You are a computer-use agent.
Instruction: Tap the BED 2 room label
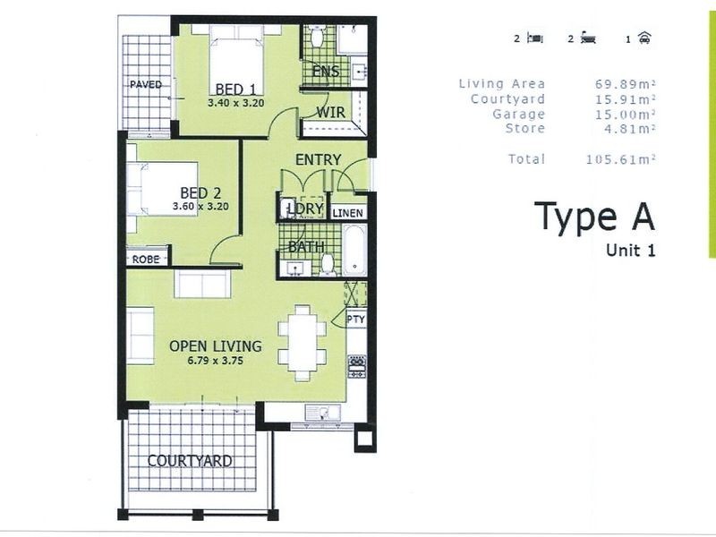tap(200, 192)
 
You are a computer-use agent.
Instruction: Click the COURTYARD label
tap(190, 461)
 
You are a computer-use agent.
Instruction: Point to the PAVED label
tap(146, 84)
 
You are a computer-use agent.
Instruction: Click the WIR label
tap(329, 112)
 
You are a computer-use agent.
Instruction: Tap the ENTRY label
tap(318, 159)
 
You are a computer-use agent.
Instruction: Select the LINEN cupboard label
tap(348, 214)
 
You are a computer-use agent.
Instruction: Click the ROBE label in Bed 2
tap(146, 259)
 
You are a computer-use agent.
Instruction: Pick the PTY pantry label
tap(354, 320)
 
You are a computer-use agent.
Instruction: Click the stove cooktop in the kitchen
tap(354, 365)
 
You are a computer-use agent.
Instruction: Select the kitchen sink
tap(317, 413)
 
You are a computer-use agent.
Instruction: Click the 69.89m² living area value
tap(626, 83)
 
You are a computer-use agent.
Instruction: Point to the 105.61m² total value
tap(621, 159)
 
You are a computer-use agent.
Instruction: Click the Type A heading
tap(594, 217)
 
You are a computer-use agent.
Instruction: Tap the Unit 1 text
tap(631, 251)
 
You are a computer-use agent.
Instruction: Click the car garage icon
tap(644, 38)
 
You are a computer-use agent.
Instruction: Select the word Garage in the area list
tap(518, 114)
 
